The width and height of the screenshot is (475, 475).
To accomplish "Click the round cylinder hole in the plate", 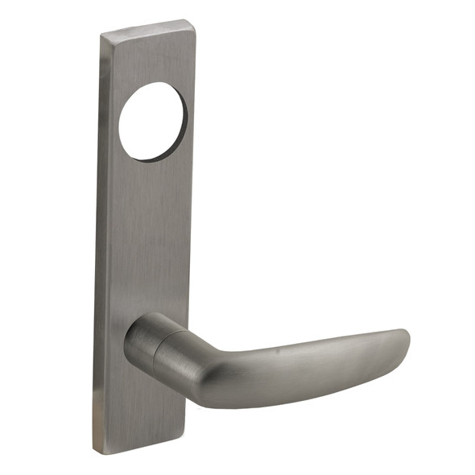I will [x=153, y=122].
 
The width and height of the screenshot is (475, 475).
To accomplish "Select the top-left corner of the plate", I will [x=102, y=34].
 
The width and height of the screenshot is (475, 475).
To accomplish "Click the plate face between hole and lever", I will [x=149, y=233].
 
